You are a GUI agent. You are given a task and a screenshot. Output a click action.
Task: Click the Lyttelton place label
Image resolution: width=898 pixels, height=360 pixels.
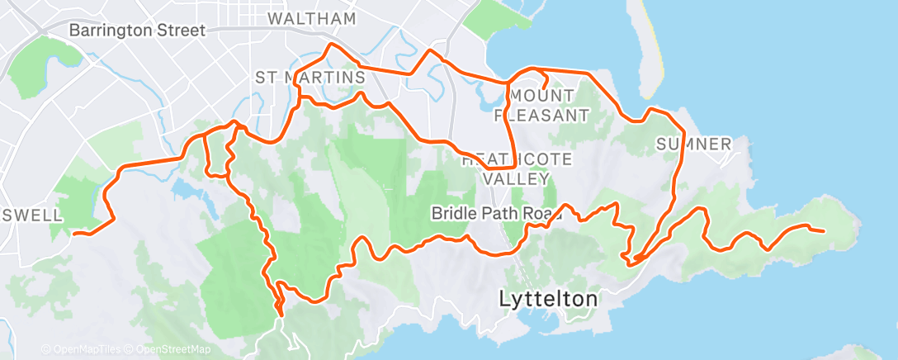click(548, 300)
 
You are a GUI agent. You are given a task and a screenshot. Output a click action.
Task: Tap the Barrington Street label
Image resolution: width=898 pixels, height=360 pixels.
click(137, 31)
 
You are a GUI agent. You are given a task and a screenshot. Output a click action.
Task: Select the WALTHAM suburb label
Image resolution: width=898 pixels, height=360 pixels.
click(312, 18)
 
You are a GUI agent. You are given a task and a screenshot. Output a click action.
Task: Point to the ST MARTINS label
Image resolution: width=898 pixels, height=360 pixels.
click(310, 78)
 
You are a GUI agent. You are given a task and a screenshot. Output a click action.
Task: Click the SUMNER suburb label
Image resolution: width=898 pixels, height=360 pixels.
click(693, 144)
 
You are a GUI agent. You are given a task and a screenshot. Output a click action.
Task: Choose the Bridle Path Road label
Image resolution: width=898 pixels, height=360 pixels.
click(497, 214)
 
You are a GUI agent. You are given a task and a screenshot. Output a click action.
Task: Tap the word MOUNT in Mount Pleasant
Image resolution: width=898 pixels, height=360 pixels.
click(544, 96)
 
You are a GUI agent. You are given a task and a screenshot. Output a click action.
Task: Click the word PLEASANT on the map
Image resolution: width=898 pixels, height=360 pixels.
click(541, 115)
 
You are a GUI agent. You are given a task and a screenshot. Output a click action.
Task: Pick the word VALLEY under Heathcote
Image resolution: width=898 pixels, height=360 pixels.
click(516, 178)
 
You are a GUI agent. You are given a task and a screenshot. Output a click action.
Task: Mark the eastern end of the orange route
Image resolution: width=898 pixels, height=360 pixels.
click(823, 230)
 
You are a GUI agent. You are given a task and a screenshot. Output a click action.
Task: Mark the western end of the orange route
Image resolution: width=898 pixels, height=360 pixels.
click(74, 234)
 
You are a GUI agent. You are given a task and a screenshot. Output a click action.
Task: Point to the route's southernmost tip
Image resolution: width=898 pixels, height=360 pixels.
click(281, 315)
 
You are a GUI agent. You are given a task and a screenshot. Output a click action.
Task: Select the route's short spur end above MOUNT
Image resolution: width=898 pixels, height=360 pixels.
click(546, 85)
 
